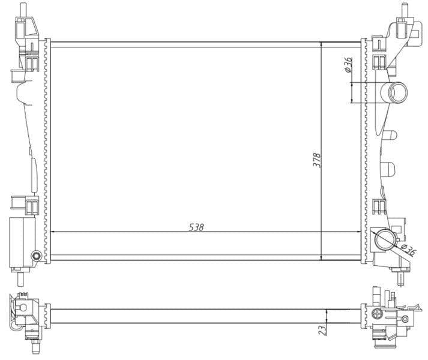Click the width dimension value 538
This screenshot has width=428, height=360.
point(196,227)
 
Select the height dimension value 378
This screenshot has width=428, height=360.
point(317,160)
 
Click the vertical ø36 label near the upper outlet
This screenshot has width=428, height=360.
point(348,65)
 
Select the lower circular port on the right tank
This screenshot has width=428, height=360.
point(382,241)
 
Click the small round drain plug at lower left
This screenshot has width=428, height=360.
point(38,257)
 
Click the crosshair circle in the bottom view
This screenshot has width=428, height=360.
point(377,313)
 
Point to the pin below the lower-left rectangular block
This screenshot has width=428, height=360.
point(22,278)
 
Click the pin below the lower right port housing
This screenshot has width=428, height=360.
point(401,278)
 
